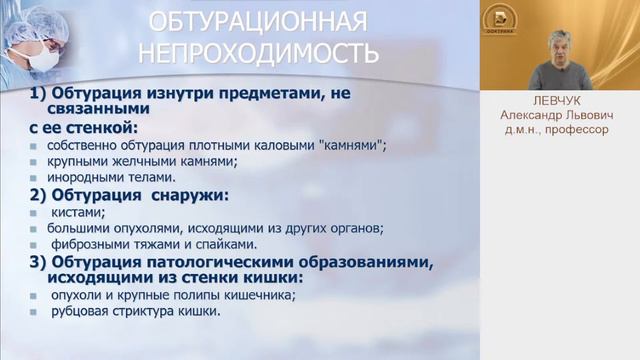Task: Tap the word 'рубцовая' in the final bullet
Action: pos(73,311)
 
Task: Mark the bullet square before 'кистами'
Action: pos(35,213)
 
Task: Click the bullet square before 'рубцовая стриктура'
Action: pos(35,312)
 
